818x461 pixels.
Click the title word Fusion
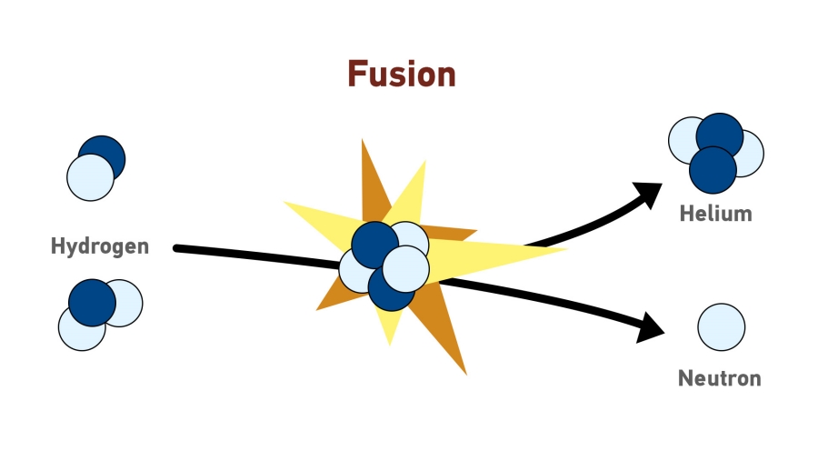[x=401, y=74]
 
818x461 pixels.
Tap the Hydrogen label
[x=100, y=246]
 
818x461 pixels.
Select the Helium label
[x=716, y=215]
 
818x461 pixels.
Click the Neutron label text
[x=719, y=378]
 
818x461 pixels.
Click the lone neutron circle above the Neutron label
[x=722, y=326]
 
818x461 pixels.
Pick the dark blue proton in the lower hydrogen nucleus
[x=91, y=302]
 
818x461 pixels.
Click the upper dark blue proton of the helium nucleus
[x=720, y=134]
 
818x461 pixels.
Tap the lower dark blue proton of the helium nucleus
[x=713, y=171]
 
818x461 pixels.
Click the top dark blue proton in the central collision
[x=373, y=243]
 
